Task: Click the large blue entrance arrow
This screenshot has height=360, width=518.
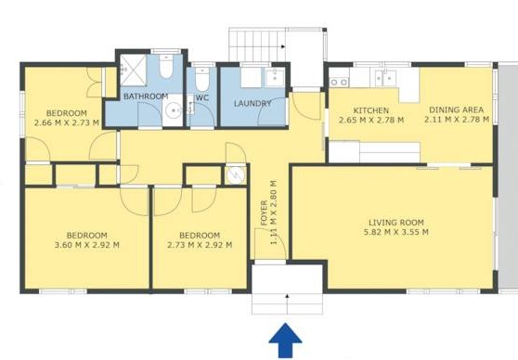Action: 285,341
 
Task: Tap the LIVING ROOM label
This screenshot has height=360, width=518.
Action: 396,223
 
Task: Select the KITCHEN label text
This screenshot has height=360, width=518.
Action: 371,110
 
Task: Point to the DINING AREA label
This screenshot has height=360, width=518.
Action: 456,109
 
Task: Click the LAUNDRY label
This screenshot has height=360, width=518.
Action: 253,103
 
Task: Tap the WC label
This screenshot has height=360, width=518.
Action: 202,97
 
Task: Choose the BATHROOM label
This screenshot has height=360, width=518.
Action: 146,96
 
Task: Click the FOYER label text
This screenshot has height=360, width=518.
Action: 264,213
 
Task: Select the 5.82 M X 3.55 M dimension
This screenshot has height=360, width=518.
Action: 396,232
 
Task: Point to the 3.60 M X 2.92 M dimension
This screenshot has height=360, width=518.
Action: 87,245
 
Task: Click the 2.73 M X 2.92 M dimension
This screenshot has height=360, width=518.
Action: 200,245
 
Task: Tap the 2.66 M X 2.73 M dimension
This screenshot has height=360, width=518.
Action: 67,122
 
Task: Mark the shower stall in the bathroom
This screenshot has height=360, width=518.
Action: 133,70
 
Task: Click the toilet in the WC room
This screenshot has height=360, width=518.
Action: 201,80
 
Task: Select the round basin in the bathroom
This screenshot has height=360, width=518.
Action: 173,109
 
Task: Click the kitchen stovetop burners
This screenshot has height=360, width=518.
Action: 339,82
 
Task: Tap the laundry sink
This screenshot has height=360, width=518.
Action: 275,78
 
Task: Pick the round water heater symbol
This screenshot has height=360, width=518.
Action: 236,174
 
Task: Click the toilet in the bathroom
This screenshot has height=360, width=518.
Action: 166,66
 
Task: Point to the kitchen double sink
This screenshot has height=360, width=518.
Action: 385,78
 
